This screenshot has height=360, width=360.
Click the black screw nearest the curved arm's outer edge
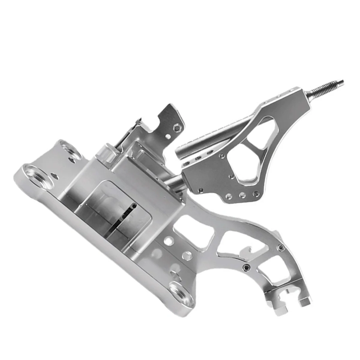click(281, 247)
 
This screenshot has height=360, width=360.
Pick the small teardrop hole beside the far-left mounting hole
click(55, 176)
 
